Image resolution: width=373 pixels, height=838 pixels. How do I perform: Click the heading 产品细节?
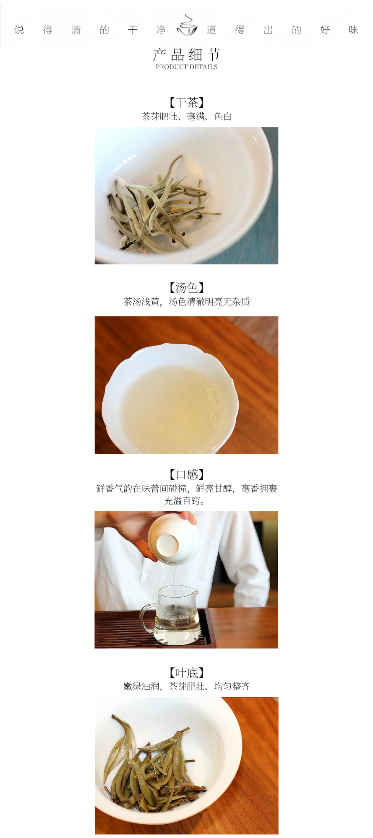(x=186, y=54)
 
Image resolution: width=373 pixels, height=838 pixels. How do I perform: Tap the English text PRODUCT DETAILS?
(x=186, y=67)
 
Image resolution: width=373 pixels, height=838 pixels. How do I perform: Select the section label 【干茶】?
(x=186, y=102)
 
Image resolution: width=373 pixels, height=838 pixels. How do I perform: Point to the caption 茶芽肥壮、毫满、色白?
(x=186, y=116)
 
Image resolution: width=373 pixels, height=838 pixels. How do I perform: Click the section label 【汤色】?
(x=186, y=287)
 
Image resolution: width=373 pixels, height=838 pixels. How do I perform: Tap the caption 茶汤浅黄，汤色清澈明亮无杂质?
(x=186, y=302)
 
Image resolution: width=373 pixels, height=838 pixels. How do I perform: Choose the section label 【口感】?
(x=186, y=474)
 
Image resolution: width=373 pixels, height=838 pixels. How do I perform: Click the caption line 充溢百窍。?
(x=185, y=501)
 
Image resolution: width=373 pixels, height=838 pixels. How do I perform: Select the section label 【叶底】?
(x=186, y=672)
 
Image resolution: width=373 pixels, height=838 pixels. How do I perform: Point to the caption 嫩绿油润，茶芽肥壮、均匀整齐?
(x=186, y=686)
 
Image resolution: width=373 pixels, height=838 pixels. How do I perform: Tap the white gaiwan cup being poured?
(x=173, y=539)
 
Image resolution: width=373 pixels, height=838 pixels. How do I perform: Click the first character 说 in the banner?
(x=19, y=30)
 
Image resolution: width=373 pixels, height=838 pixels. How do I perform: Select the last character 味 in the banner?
(x=354, y=30)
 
